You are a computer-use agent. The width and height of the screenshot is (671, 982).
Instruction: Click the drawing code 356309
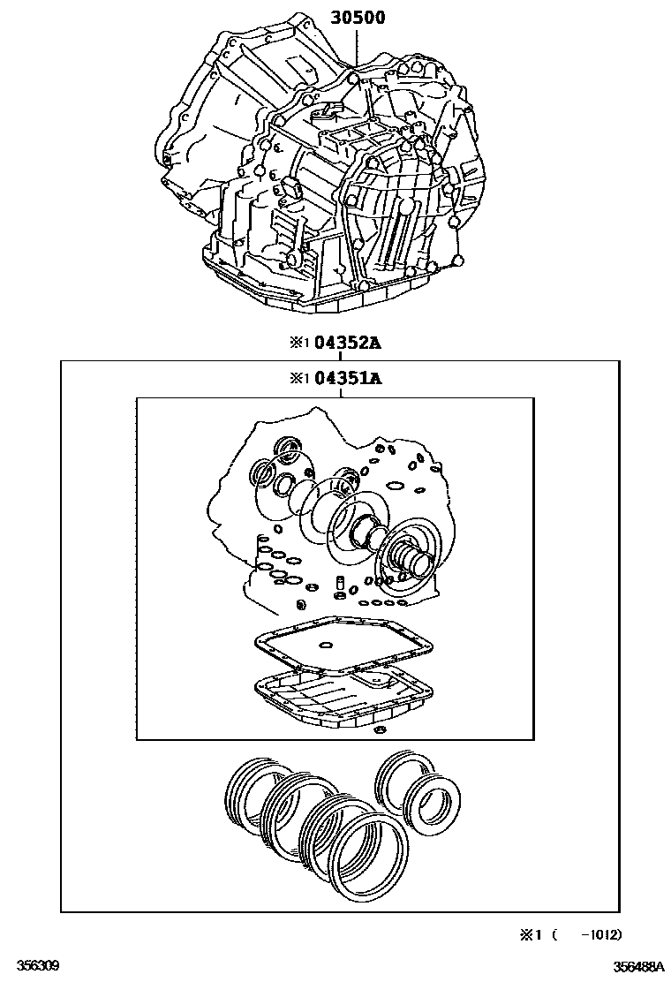coord(38,964)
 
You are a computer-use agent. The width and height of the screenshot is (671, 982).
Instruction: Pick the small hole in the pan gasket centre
coord(326,645)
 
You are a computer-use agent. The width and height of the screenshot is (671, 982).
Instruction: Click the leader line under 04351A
coord(340,393)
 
